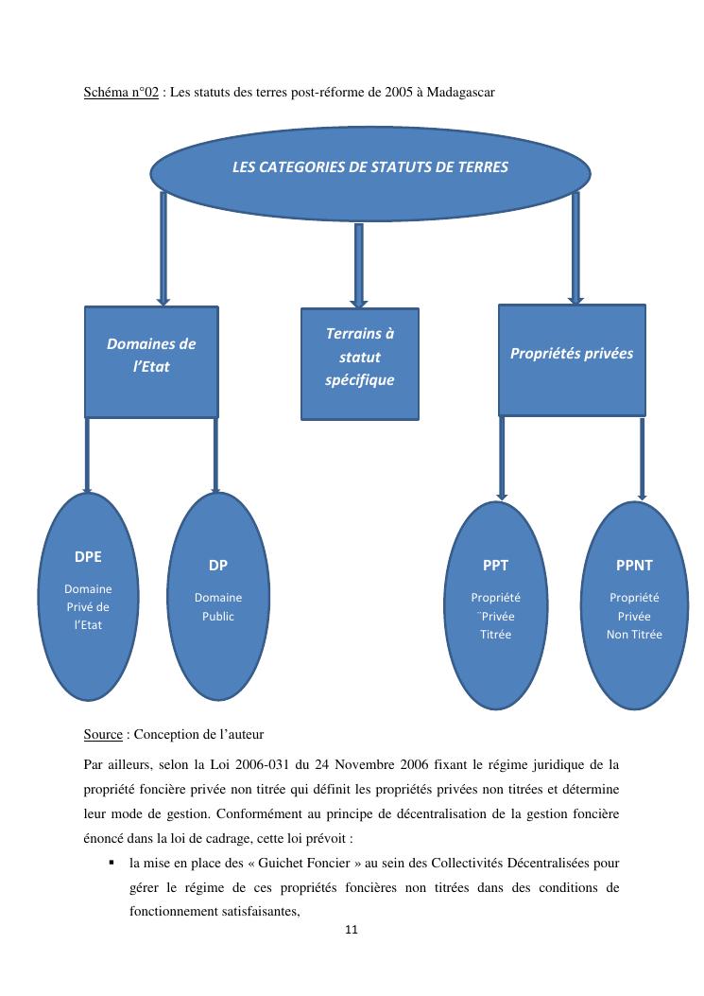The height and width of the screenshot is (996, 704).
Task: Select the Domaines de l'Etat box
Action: click(151, 360)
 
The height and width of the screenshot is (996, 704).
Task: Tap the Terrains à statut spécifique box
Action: click(359, 363)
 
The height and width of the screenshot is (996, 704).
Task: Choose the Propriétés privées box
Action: click(572, 359)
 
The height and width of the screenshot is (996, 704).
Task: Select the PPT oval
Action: click(495, 605)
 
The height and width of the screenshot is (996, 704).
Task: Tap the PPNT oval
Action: click(634, 605)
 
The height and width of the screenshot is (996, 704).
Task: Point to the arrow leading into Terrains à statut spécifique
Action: click(359, 264)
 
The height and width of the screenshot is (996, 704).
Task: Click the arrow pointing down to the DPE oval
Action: click(88, 455)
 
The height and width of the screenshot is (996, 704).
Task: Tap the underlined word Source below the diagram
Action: click(103, 734)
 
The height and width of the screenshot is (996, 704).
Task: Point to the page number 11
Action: click(352, 930)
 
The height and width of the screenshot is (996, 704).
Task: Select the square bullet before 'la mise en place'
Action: click(112, 862)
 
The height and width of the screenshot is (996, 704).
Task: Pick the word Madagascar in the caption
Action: click(460, 93)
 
